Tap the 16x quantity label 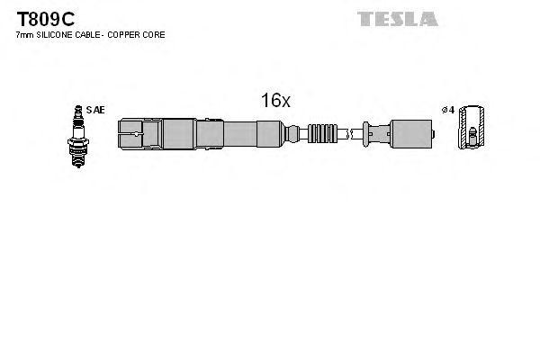(x=275, y=102)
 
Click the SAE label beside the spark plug (x=96, y=110)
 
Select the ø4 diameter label (x=447, y=110)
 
